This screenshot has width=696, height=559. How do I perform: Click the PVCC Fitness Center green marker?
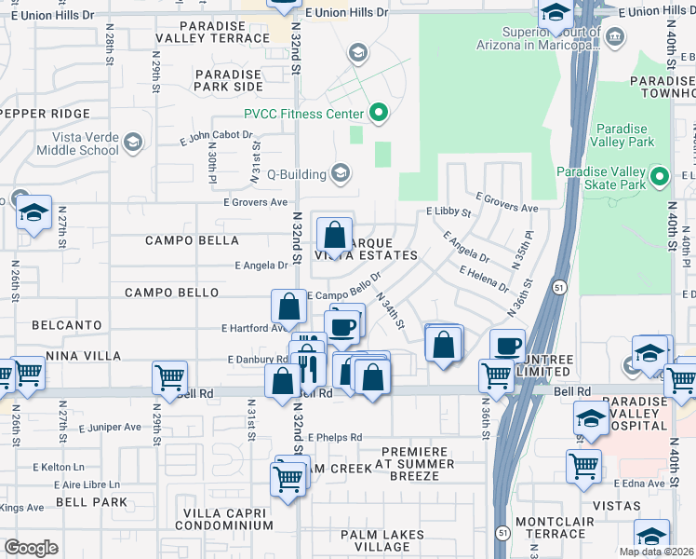[x=379, y=115]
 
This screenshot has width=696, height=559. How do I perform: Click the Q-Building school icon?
[x=341, y=173]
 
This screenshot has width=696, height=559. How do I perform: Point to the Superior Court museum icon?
[x=614, y=36]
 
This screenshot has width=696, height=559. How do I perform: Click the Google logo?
[x=31, y=548]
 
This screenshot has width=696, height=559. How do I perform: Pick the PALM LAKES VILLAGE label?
[x=382, y=541]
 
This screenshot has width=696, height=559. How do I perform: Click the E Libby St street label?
[x=448, y=212]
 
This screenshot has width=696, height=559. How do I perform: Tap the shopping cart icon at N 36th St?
[x=496, y=375]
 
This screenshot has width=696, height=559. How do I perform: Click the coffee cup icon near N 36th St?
[x=507, y=346]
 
